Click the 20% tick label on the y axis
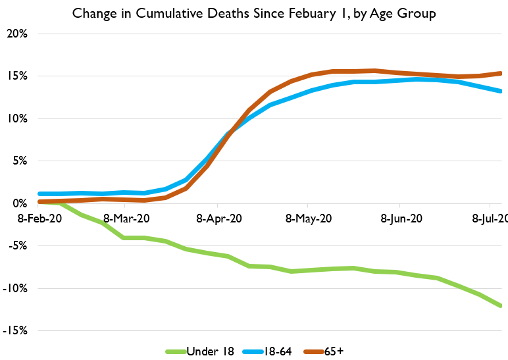pyautogui.click(x=18, y=34)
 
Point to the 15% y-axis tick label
pyautogui.click(x=18, y=76)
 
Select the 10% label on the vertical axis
pyautogui.click(x=18, y=119)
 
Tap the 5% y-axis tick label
pyautogui.click(x=20, y=161)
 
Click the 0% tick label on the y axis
pyautogui.click(x=20, y=204)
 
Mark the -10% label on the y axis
pyautogui.click(x=16, y=289)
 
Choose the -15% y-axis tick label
pyautogui.click(x=16, y=331)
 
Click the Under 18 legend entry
pyautogui.click(x=201, y=351)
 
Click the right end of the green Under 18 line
pyautogui.click(x=501, y=305)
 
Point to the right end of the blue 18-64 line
pyautogui.click(x=501, y=91)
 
